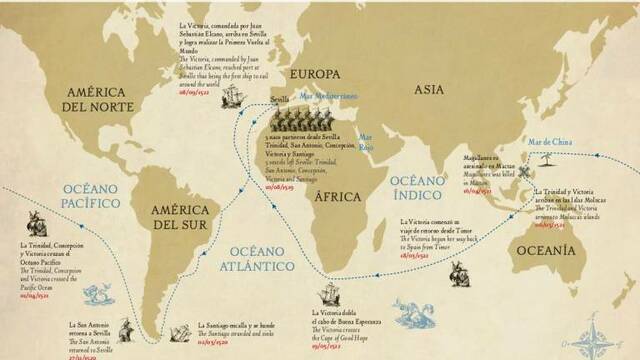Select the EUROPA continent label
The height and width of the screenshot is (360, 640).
(x=314, y=74)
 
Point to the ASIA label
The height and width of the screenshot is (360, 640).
(x=431, y=90)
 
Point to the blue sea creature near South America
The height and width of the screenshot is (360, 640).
(x=96, y=294)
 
